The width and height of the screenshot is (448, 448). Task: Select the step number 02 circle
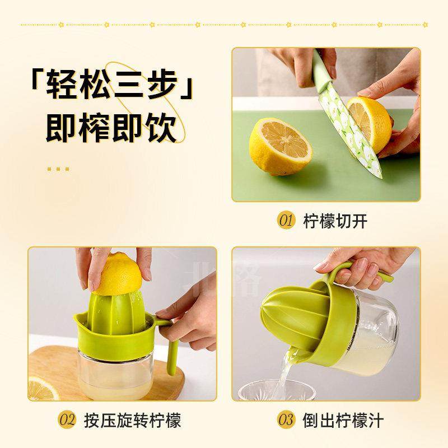click(68, 419)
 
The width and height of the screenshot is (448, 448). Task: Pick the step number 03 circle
click(286, 419)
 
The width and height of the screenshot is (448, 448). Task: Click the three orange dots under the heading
click(58, 168)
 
